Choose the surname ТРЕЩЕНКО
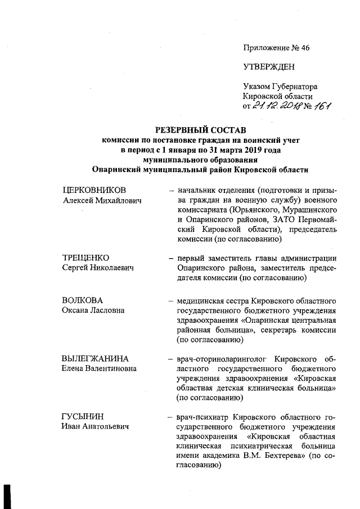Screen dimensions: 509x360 tap(86, 258)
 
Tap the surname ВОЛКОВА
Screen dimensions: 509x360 tap(83, 300)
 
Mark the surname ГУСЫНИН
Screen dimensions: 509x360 tap(83, 417)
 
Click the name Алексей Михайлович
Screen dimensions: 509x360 tap(102, 200)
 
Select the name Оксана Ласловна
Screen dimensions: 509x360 tap(93, 310)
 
